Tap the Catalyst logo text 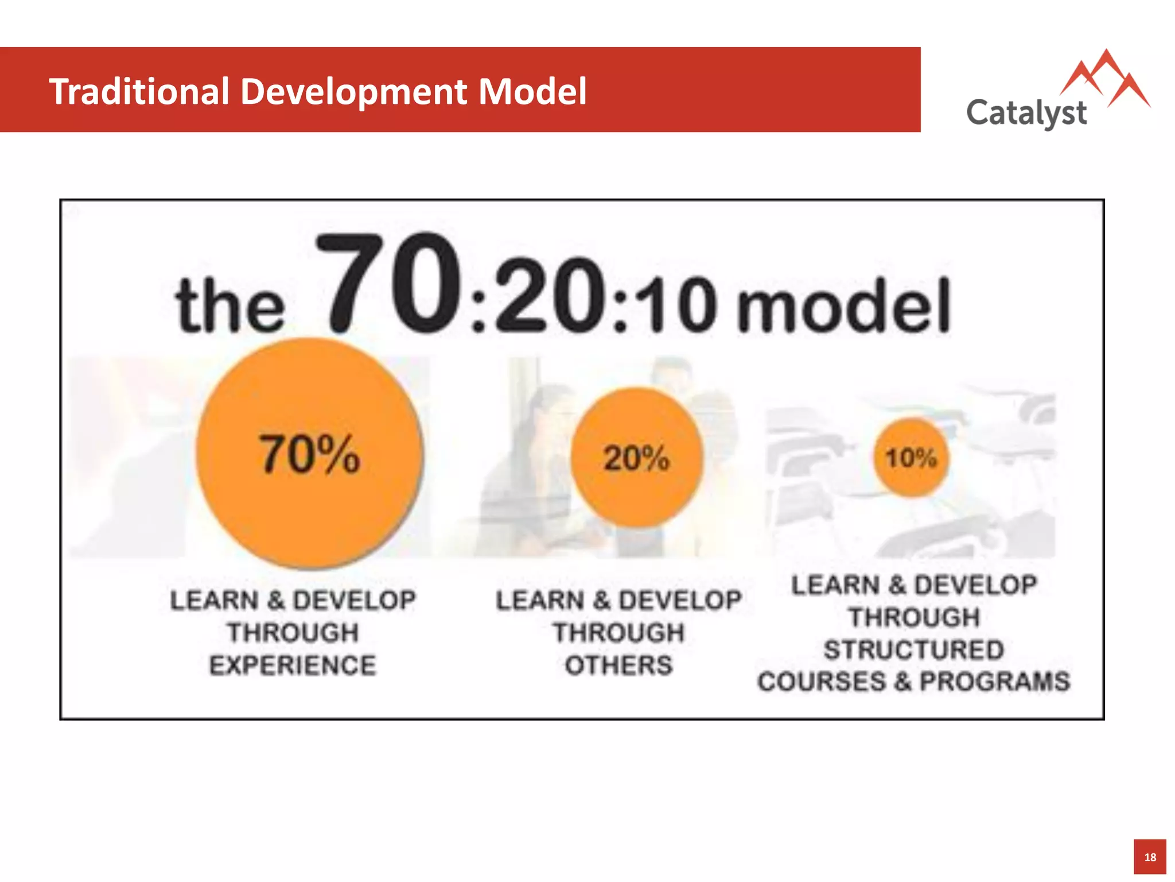[1026, 113]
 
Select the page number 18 [1150, 857]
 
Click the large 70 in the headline [390, 284]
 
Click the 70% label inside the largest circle [310, 455]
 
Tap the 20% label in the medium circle [636, 458]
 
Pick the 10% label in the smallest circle [911, 458]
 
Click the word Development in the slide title [353, 92]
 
